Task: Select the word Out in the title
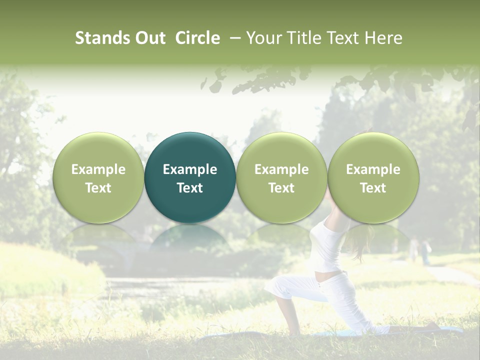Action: pos(149,38)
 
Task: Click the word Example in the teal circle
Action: pos(190,169)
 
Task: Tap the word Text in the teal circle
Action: pos(190,188)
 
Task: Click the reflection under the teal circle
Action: pos(190,237)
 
